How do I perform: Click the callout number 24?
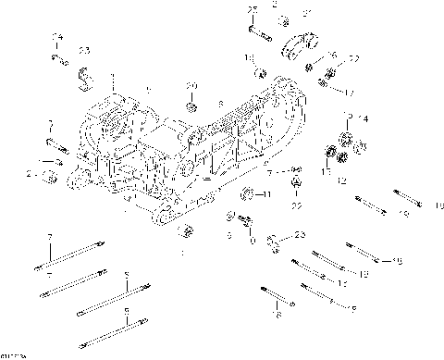(57, 37)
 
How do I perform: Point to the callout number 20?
(191, 86)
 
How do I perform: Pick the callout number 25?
(252, 10)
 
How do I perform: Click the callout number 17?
(350, 93)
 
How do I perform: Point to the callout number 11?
(265, 195)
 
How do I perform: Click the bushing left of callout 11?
(248, 193)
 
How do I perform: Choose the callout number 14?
(364, 119)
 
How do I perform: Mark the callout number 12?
(341, 181)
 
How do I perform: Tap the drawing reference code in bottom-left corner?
(13, 354)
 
